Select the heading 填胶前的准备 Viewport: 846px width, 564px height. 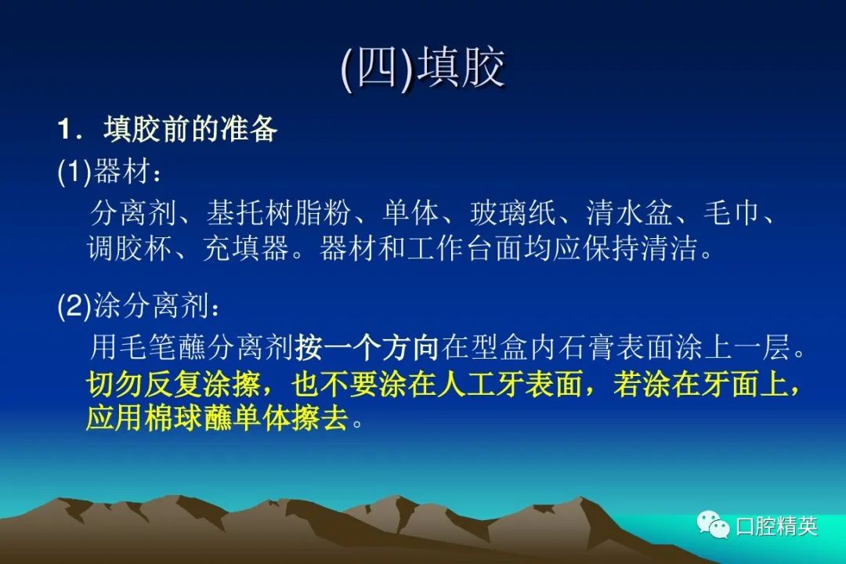pos(190,129)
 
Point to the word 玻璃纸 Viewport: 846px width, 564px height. pos(513,212)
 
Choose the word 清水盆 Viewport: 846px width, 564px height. pos(630,212)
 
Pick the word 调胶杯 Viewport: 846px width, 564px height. pos(130,248)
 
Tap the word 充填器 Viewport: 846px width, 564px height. pos(246,248)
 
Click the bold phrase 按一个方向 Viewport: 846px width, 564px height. pos(367,346)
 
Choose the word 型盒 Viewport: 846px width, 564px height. pos(499,346)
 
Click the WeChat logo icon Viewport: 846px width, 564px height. pos(713,524)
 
